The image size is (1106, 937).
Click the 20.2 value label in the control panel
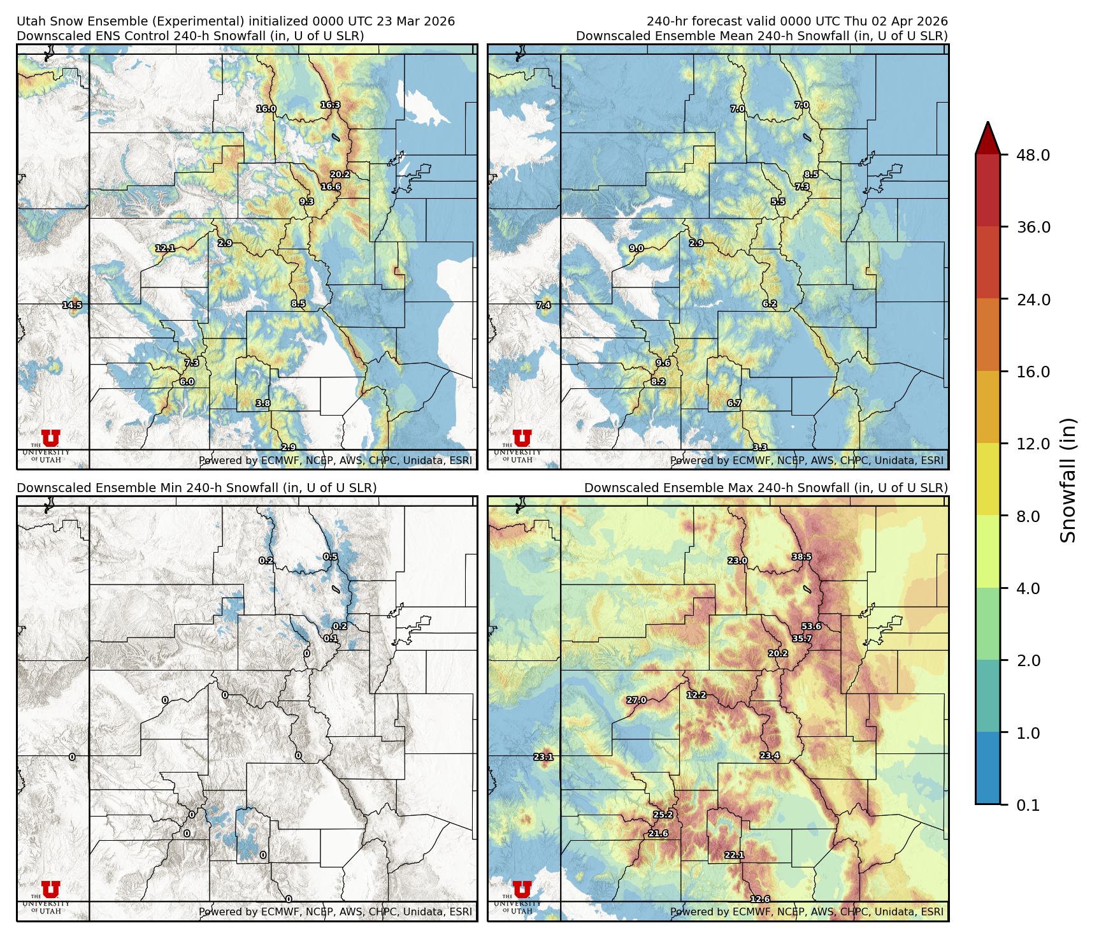point(340,175)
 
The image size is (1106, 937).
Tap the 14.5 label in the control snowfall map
point(72,305)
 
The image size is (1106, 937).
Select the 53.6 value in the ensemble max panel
point(811,627)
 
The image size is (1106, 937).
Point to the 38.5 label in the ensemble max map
point(801,557)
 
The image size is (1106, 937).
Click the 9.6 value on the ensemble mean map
point(663,363)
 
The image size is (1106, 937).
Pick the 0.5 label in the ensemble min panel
point(330,557)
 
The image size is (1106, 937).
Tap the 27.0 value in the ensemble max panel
point(636,700)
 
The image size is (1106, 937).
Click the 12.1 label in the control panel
point(164,249)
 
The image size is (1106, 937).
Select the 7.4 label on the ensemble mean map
point(543,305)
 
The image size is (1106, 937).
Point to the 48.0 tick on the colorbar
point(1033,155)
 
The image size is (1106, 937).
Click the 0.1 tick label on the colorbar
point(1028,805)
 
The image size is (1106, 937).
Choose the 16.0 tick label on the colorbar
point(1033,372)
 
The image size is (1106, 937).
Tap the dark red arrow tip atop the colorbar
point(987,135)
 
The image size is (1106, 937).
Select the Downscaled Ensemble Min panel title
point(196,488)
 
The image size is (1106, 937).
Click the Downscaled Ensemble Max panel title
point(766,488)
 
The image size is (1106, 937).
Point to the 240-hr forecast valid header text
point(796,21)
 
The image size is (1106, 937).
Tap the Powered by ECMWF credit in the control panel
point(335,460)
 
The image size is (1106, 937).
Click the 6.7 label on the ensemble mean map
point(734,403)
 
